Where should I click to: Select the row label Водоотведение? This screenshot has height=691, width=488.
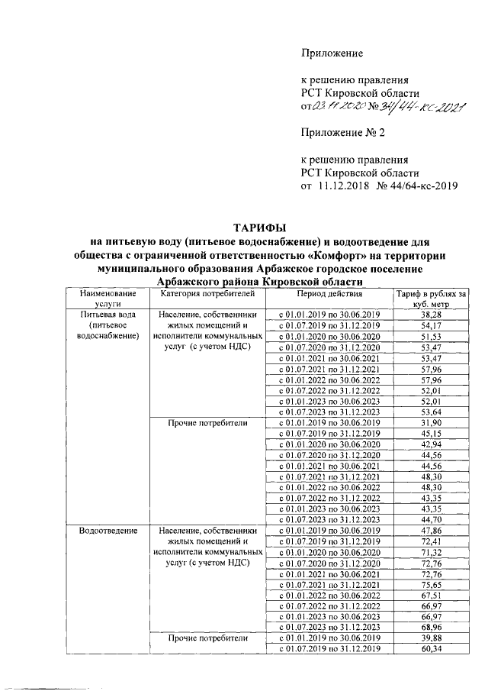coord(112,530)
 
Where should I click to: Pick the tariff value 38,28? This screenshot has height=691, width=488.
coord(432,314)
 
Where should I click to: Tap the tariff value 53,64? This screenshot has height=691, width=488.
coord(432,410)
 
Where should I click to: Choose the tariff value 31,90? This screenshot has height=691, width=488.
coord(432,422)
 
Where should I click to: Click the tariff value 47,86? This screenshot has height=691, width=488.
coord(432,530)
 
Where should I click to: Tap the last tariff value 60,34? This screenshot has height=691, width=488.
coord(432,649)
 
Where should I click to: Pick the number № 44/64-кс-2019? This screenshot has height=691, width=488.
coord(411,186)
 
